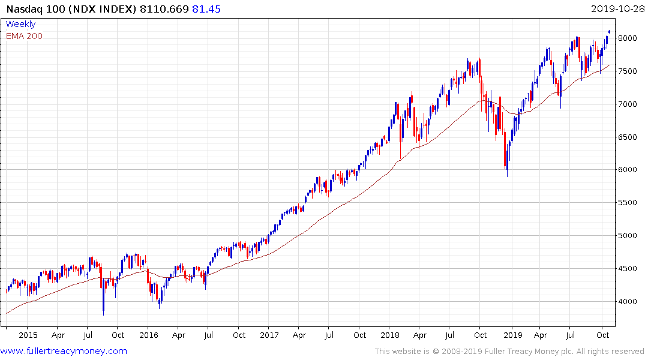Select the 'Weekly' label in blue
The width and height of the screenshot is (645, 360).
point(20,24)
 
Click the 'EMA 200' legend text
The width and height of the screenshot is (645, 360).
point(24,36)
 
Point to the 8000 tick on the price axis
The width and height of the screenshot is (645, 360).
point(626,38)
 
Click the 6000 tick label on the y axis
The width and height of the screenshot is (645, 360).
point(626,170)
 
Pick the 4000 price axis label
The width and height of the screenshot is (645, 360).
point(626,302)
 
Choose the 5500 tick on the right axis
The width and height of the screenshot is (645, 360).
point(626,203)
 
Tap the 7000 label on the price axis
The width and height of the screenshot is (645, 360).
point(626,104)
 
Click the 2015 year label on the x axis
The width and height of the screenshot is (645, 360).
point(28,334)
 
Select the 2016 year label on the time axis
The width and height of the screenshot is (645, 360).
point(148,334)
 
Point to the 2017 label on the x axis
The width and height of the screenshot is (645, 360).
point(269,334)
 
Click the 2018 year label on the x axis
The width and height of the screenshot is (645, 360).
point(390,334)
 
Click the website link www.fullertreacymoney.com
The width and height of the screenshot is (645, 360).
point(64,351)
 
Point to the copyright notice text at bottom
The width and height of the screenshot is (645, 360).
point(509,352)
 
